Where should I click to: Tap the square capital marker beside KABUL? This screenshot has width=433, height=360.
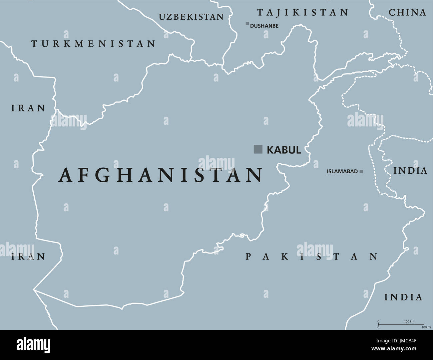[258, 149]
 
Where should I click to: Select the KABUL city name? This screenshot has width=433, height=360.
[284, 150]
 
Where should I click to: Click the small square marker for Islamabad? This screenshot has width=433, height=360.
[361, 172]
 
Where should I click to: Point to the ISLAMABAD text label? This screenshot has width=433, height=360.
[342, 172]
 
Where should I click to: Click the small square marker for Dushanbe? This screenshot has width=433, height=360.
[247, 23]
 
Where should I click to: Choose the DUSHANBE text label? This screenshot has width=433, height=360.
[264, 26]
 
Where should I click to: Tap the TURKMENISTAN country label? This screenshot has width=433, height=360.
[93, 44]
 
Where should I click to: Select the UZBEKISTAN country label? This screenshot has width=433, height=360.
[191, 17]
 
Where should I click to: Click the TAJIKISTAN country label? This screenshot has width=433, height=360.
[302, 13]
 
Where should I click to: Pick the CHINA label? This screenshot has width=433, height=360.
[407, 13]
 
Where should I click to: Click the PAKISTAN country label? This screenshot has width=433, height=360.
[312, 257]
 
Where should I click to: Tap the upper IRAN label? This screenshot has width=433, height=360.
[28, 108]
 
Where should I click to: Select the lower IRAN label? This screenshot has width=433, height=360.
[28, 257]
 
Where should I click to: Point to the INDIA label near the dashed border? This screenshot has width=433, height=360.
[410, 171]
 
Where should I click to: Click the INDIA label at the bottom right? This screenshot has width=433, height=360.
[403, 297]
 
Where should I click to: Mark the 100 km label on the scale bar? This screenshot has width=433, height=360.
[409, 321]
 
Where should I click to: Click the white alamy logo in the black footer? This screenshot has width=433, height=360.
[34, 345]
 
